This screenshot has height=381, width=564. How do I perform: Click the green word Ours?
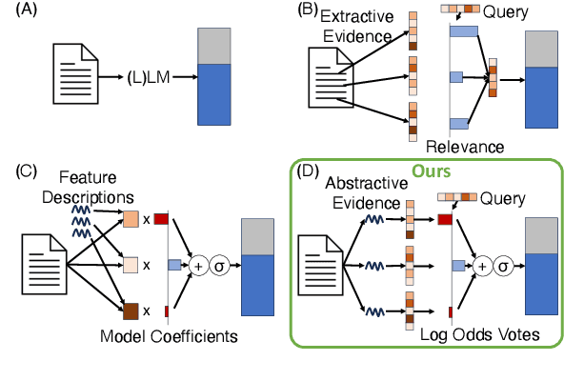pyautogui.click(x=432, y=172)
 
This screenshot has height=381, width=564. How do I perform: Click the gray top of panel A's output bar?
pyautogui.click(x=214, y=46)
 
